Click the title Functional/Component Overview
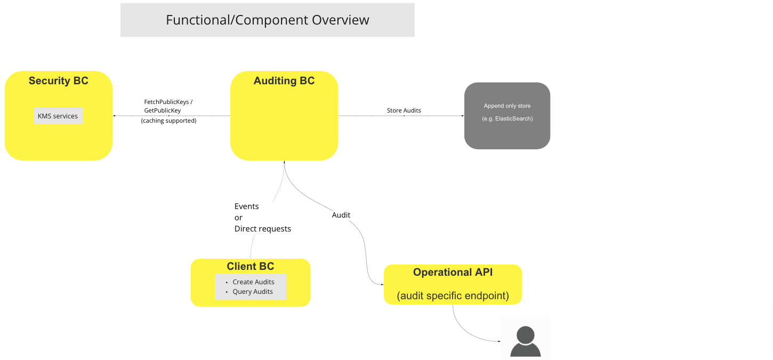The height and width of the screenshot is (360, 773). pyautogui.click(x=267, y=20)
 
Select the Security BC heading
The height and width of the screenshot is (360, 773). pyautogui.click(x=58, y=81)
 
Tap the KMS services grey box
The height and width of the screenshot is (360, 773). pyautogui.click(x=58, y=116)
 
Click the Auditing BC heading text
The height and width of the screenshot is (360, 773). pyautogui.click(x=284, y=81)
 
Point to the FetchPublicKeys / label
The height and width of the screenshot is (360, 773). pyautogui.click(x=168, y=101)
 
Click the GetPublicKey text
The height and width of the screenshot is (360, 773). pyautogui.click(x=162, y=110)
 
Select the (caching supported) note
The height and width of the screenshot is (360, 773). pyautogui.click(x=168, y=121)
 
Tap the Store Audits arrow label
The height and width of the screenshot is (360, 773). pyautogui.click(x=404, y=110)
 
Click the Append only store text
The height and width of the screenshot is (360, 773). pyautogui.click(x=507, y=106)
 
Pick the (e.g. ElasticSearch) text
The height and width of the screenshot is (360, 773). pyautogui.click(x=507, y=118)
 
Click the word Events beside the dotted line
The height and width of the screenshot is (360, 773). pyautogui.click(x=246, y=206)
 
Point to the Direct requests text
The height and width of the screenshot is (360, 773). pyautogui.click(x=262, y=229)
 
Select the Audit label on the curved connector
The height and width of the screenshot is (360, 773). pyautogui.click(x=341, y=215)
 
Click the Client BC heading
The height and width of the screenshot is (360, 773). pyautogui.click(x=250, y=267)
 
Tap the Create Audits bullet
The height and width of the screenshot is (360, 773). pyautogui.click(x=253, y=282)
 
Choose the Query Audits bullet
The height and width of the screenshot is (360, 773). pyautogui.click(x=252, y=292)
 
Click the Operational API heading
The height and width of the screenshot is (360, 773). pyautogui.click(x=453, y=273)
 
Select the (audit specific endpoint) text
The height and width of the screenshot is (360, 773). pyautogui.click(x=453, y=295)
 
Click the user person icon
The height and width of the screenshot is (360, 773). pyautogui.click(x=525, y=341)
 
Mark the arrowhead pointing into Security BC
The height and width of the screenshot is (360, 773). pyautogui.click(x=114, y=116)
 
